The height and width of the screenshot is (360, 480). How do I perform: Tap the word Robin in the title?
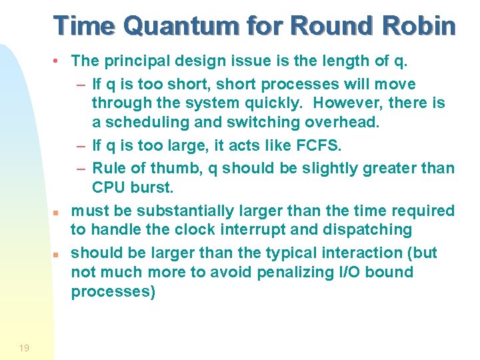point(417,26)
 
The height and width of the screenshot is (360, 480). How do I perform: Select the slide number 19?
point(24,348)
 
